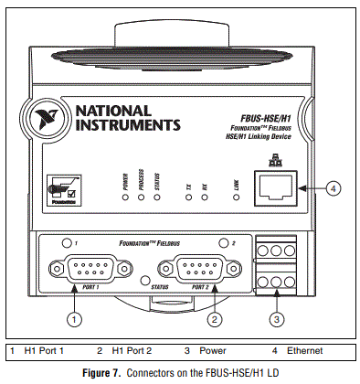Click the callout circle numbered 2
[214, 319]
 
